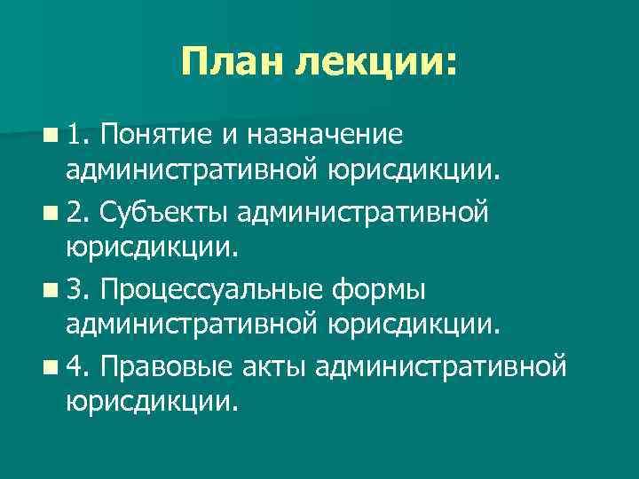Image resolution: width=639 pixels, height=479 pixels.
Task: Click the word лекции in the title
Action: pyautogui.click(x=373, y=62)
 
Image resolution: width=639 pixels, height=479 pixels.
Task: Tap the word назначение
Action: pyautogui.click(x=324, y=135)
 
